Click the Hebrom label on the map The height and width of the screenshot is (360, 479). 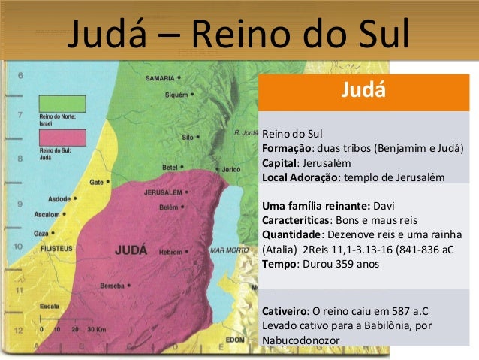[170, 253]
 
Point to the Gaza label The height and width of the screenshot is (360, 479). [41, 234]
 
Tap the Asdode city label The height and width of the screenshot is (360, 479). [59, 199]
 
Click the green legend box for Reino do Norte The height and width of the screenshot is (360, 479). [62, 104]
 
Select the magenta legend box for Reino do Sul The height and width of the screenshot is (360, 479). [62, 138]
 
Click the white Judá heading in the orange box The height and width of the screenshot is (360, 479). [363, 92]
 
